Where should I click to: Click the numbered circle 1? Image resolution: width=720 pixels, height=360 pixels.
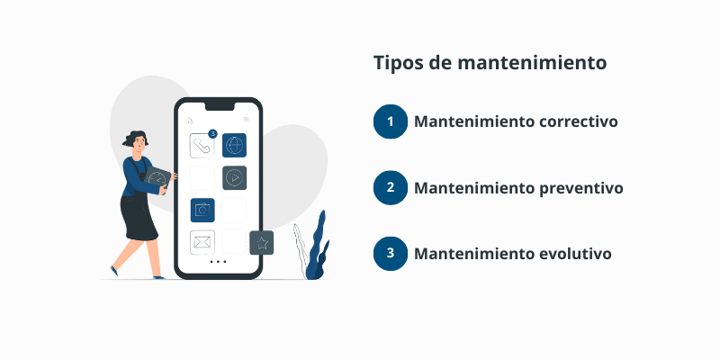(391, 121)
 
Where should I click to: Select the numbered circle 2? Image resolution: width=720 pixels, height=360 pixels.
(391, 187)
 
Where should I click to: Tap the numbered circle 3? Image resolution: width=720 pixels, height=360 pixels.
(391, 253)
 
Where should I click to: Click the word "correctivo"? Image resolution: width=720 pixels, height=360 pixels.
(575, 121)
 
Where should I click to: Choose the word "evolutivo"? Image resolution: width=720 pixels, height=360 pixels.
(571, 254)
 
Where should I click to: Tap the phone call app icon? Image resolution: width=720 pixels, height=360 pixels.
(202, 146)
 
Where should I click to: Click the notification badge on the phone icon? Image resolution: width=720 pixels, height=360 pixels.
(212, 134)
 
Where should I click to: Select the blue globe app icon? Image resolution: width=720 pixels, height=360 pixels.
(234, 145)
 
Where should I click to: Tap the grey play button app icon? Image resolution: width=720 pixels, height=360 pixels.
(234, 177)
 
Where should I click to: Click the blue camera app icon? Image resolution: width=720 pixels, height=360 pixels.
(202, 210)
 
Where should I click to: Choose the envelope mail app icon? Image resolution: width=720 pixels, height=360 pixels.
(202, 242)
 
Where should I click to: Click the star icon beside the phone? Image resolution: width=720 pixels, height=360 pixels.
(261, 242)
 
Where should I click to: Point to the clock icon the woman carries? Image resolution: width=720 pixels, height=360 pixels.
(157, 178)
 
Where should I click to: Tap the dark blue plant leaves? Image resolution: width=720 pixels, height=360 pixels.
(317, 247)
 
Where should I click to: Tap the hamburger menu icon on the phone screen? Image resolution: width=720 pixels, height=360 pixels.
(246, 120)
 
